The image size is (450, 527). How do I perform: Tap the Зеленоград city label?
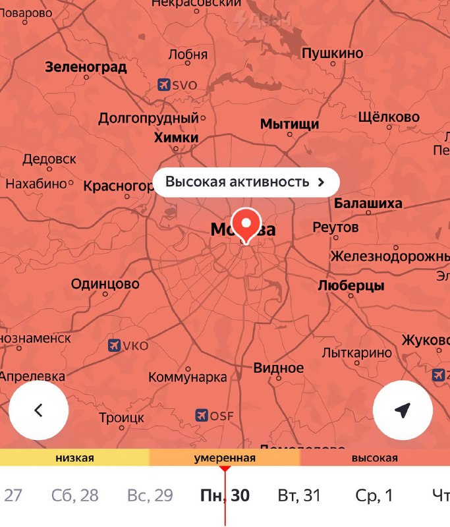86,67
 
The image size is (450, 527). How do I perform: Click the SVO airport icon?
164,85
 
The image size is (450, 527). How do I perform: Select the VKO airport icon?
114,346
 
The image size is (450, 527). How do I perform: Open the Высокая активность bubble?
246,182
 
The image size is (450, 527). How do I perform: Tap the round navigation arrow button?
403,410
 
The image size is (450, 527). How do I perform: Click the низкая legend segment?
74,458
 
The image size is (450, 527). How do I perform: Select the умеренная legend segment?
225,458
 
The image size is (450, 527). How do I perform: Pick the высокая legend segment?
374,458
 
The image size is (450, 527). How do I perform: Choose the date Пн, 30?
225,495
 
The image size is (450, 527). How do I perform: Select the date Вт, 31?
298,495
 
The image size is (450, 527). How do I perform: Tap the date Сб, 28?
75,495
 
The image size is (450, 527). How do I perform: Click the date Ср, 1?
374,495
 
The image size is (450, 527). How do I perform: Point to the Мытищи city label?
290,124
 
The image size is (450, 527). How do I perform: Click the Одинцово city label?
105,284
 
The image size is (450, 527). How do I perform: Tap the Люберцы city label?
351,286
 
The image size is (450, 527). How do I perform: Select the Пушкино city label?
333,53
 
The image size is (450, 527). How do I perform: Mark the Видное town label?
279,368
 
